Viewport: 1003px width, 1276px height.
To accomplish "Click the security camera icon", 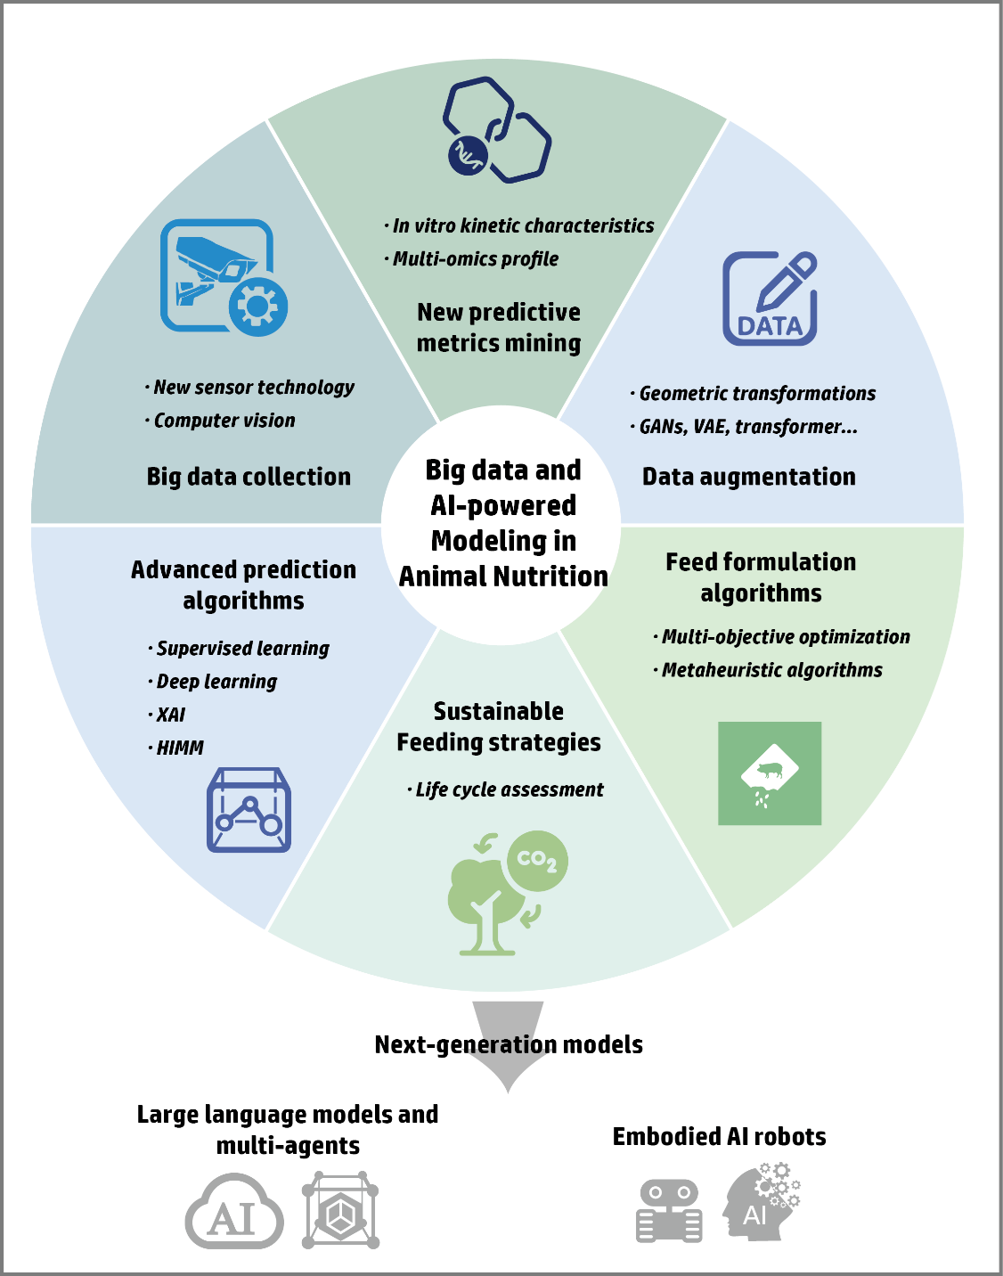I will [223, 276].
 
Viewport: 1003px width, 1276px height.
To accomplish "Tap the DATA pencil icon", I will [771, 299].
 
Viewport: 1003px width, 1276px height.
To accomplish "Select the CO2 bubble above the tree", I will [536, 861].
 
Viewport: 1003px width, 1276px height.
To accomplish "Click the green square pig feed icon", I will [770, 773].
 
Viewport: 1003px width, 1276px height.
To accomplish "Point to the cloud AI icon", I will [234, 1214].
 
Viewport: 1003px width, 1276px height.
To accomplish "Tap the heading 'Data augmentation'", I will [749, 477].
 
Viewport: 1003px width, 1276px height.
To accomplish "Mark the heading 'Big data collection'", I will [249, 477].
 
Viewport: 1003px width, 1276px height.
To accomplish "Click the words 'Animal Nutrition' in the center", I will [503, 577].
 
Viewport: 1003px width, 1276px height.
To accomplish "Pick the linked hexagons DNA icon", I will [496, 130].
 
